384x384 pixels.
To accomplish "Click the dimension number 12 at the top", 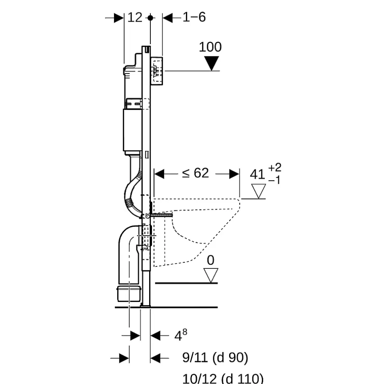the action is tap(135, 18).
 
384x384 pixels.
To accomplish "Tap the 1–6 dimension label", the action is tap(194, 17).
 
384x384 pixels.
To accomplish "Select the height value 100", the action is tap(210, 47).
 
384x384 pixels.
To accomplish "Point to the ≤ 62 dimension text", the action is tap(195, 173).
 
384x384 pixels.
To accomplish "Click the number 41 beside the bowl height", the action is tap(257, 174).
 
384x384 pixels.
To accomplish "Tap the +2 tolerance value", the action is tap(275, 167).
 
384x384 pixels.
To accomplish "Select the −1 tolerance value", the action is tap(274, 180).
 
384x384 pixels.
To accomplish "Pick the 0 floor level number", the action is tap(211, 260).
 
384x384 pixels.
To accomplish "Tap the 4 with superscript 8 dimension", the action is tap(181, 335).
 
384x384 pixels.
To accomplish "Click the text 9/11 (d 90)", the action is tap(215, 357).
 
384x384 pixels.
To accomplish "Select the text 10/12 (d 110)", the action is tap(223, 378).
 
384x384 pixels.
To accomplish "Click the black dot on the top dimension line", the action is tap(150, 18).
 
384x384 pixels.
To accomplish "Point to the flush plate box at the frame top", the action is tap(157, 71).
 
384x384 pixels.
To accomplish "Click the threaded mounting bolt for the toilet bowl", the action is tap(161, 215).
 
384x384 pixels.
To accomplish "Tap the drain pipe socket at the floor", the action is tap(129, 293).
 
